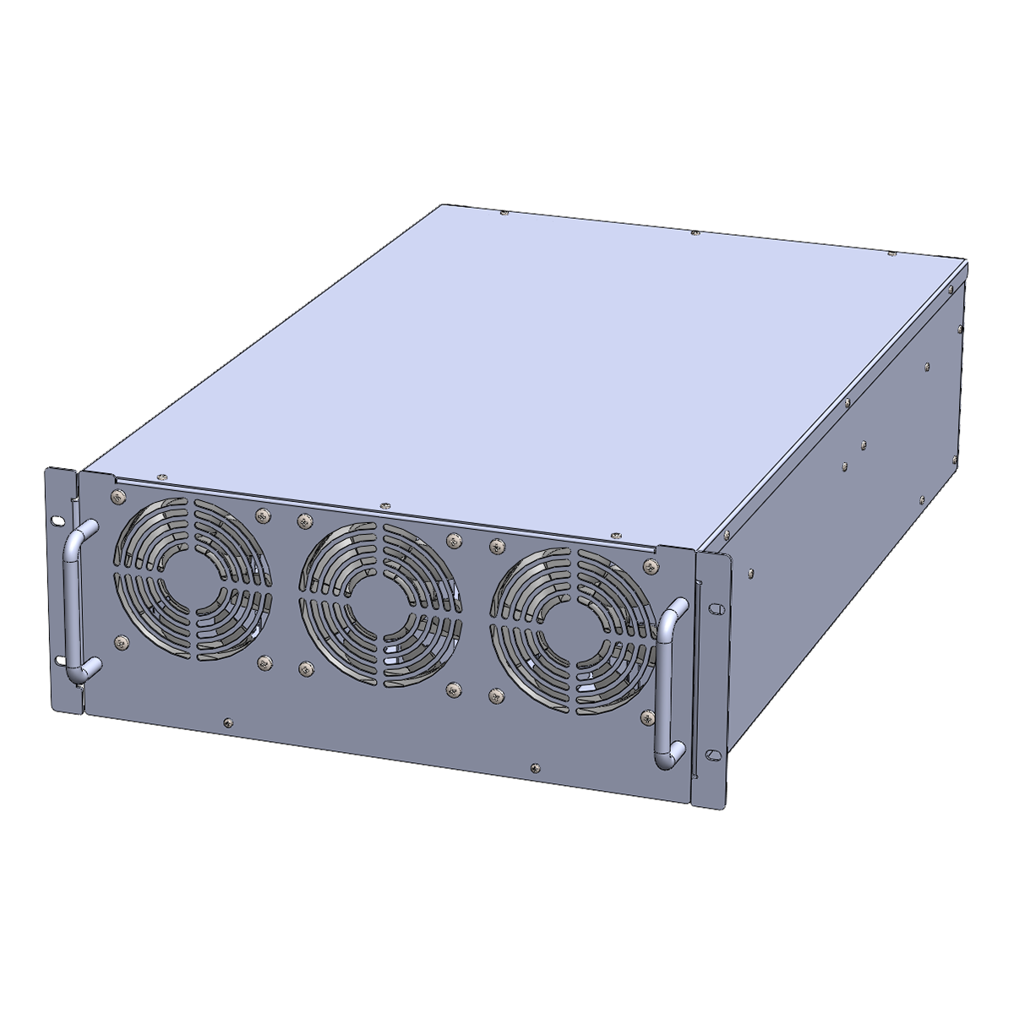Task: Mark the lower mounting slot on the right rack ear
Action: click(713, 754)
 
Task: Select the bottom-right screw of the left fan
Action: click(266, 663)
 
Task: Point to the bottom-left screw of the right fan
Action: click(495, 695)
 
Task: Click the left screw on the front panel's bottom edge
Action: click(226, 722)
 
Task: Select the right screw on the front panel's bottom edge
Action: click(534, 768)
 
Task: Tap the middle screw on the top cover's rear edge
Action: click(695, 231)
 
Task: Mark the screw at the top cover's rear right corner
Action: click(891, 253)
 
